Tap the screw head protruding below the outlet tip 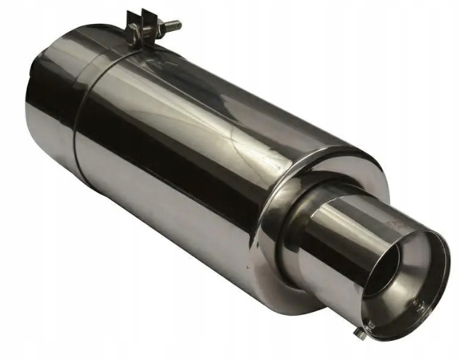pyautogui.click(x=364, y=328)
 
